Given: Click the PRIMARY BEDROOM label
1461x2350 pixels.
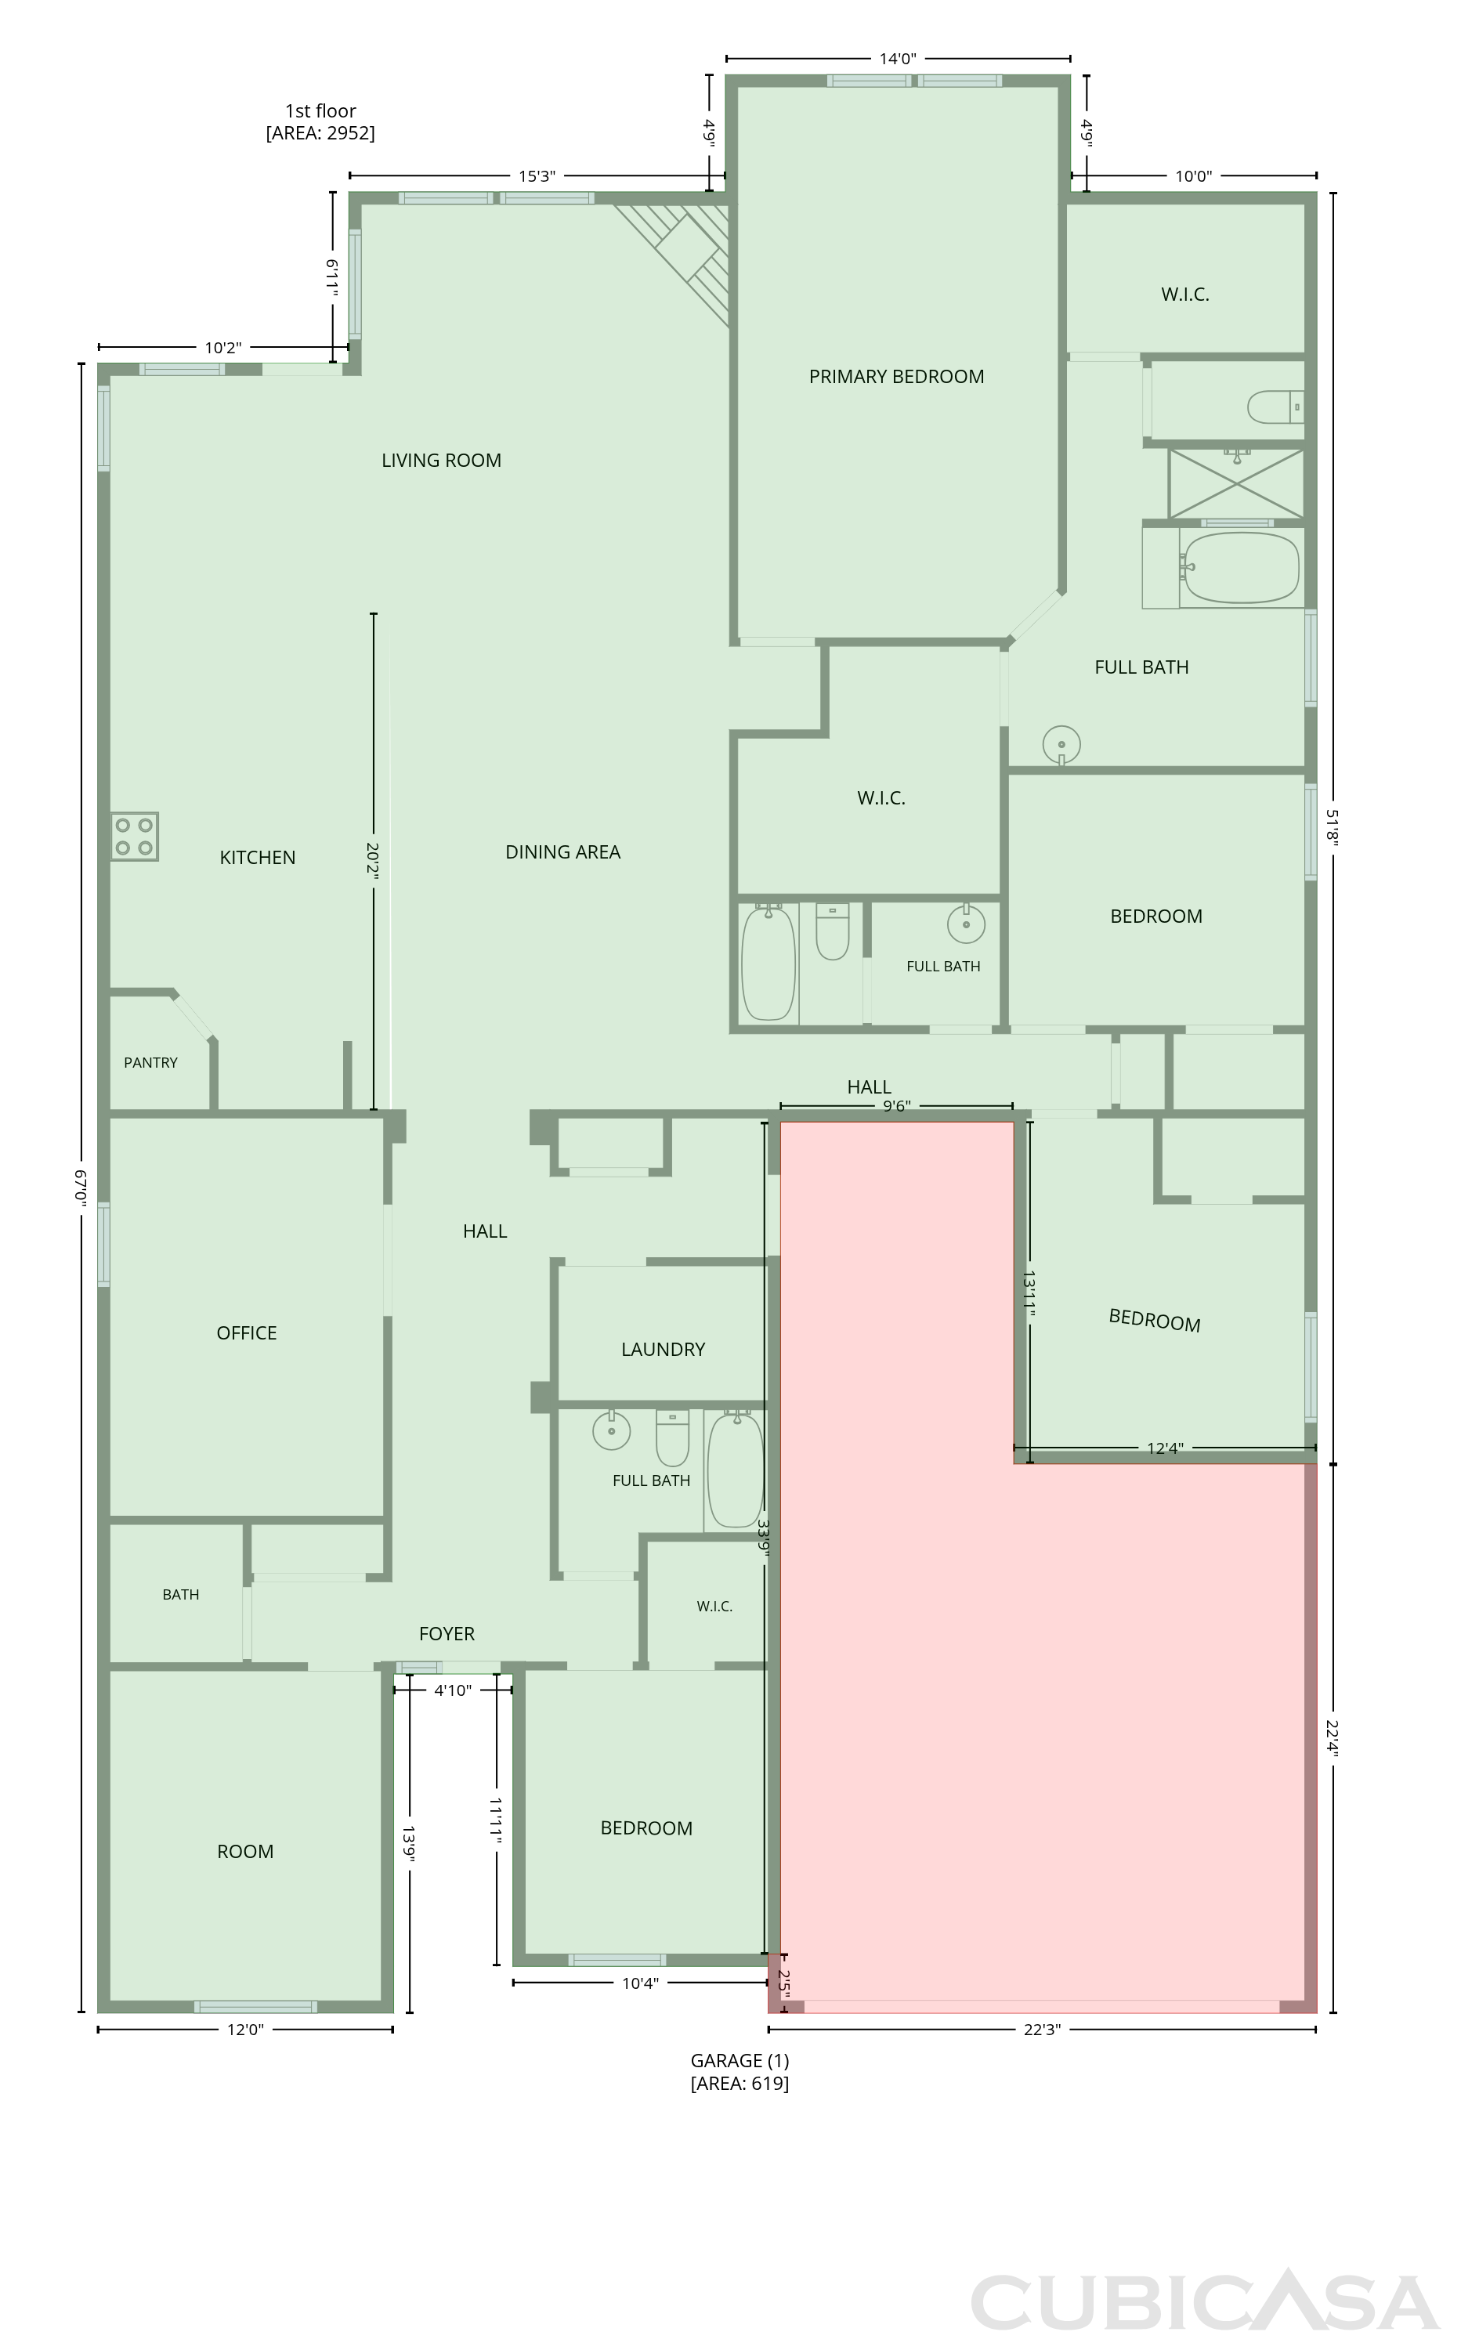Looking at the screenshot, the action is click(x=897, y=377).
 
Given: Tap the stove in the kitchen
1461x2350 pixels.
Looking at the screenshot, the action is click(x=134, y=837).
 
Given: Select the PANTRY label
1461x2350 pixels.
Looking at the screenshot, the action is click(x=150, y=1063).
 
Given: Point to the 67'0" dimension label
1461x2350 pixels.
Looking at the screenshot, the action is click(x=82, y=1188).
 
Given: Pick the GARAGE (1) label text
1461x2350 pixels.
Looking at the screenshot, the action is click(x=740, y=2061).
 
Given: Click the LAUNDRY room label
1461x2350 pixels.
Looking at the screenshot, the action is click(x=663, y=1349).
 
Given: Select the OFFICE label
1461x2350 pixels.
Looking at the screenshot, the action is click(x=247, y=1332).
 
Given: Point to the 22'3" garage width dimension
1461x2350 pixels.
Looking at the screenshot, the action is click(x=1043, y=2029).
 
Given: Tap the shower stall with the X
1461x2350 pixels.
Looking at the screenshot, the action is click(x=1236, y=483).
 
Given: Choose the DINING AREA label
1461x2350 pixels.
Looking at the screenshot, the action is click(x=562, y=852).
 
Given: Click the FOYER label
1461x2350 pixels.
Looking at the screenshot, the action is click(x=447, y=1634).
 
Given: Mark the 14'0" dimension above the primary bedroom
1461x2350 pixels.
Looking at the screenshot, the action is click(x=898, y=59).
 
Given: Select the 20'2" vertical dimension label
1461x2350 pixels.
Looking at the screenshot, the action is click(x=373, y=862).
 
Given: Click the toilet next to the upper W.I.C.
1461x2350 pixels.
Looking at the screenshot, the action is click(x=1275, y=407).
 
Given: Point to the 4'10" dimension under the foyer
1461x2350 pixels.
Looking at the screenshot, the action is click(x=452, y=1690).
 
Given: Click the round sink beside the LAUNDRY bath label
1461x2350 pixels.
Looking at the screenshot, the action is click(x=611, y=1430).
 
